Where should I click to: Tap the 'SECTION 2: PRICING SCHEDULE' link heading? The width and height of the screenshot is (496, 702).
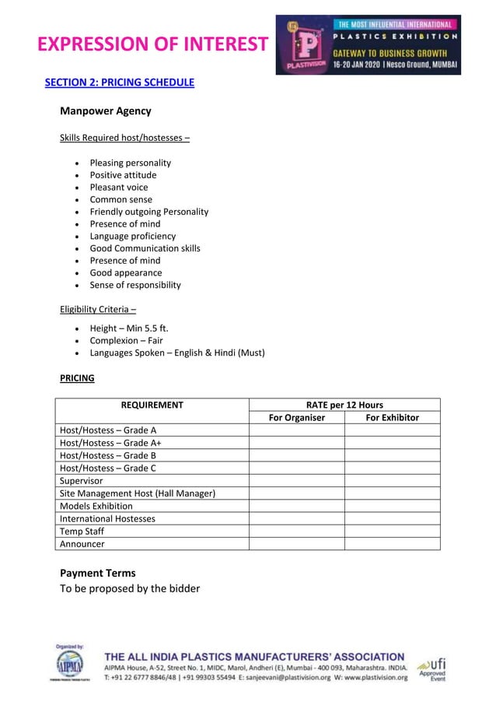(119, 82)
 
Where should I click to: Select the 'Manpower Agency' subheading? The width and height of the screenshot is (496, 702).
(105, 111)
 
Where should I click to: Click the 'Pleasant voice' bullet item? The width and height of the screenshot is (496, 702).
(118, 188)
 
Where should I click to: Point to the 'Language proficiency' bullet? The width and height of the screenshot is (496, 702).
(132, 236)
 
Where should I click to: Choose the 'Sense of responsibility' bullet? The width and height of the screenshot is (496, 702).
(134, 285)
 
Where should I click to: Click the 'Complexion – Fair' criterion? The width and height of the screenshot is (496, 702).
(126, 341)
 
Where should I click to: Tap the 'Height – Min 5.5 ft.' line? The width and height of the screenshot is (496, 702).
(128, 328)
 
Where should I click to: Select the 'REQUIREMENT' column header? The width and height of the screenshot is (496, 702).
(152, 405)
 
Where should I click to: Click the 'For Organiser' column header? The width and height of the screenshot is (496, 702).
(296, 418)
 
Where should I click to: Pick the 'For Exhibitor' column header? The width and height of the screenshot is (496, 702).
(392, 418)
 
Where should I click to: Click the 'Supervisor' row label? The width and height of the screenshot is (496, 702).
(81, 481)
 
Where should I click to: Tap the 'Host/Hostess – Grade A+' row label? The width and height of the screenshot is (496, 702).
(110, 443)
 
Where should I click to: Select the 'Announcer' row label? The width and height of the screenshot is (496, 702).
(82, 544)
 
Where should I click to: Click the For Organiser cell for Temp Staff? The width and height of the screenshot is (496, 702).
(296, 532)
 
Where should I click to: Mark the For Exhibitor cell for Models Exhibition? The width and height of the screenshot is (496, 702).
(392, 506)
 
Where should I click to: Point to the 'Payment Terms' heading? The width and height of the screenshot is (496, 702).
(97, 573)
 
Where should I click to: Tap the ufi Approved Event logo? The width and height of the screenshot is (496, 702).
(432, 669)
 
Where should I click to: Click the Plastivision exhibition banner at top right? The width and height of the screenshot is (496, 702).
(368, 45)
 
